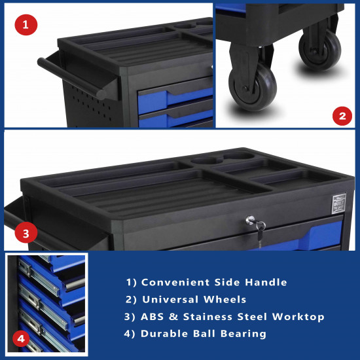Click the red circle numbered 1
click(26, 25)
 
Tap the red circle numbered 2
click(342, 116)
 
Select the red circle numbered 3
click(26, 233)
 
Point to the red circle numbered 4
click(21, 338)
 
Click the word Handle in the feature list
click(266, 282)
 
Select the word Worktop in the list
click(298, 317)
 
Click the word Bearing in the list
click(243, 334)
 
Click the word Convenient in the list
click(175, 282)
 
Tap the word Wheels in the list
click(225, 299)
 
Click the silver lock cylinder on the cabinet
click(250, 220)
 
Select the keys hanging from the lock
click(260, 232)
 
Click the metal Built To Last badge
click(339, 204)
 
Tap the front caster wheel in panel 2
click(253, 87)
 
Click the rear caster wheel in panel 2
click(320, 50)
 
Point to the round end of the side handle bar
click(101, 95)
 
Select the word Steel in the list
click(252, 317)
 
